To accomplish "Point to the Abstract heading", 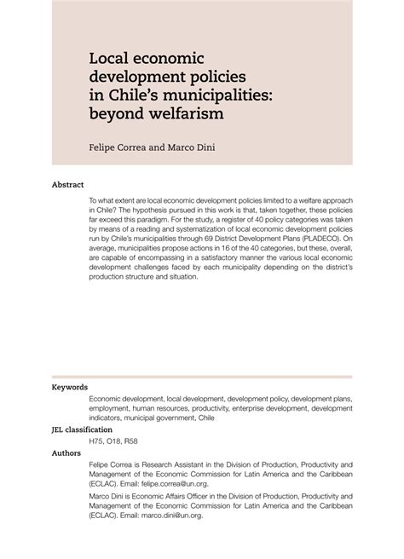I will tap(68, 183).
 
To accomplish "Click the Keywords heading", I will tap(72, 387).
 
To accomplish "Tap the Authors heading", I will tap(69, 453).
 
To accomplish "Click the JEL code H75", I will tap(98, 441).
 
